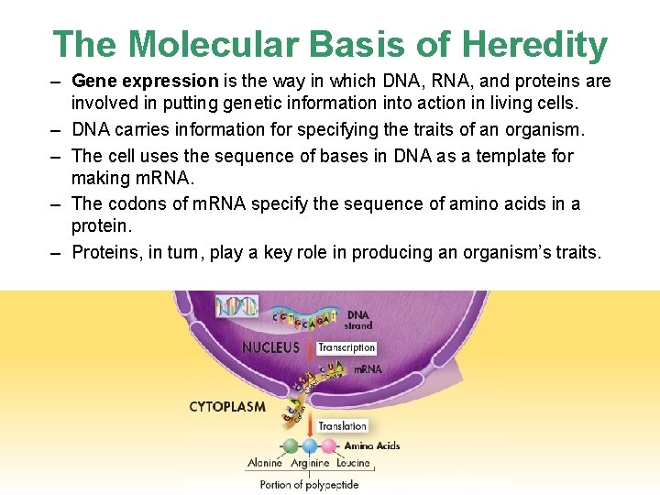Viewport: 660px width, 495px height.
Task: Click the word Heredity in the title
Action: point(534,44)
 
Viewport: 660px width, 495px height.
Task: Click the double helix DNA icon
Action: point(236,306)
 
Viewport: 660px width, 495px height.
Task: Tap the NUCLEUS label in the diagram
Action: point(270,347)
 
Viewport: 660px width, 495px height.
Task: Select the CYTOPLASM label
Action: point(227,406)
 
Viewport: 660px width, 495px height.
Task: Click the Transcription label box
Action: point(346,347)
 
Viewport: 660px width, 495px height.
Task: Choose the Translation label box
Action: point(343,426)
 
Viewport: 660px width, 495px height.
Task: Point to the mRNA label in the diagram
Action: point(368,369)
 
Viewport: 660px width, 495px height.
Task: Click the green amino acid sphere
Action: point(291,446)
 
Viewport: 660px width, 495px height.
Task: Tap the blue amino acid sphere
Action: point(310,446)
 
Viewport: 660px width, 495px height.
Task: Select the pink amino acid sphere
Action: point(328,446)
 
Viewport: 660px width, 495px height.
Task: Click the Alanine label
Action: point(265,464)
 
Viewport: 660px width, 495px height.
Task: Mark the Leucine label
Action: point(353,464)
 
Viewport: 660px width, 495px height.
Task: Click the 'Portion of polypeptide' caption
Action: point(309,484)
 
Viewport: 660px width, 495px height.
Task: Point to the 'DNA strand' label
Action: point(358,320)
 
